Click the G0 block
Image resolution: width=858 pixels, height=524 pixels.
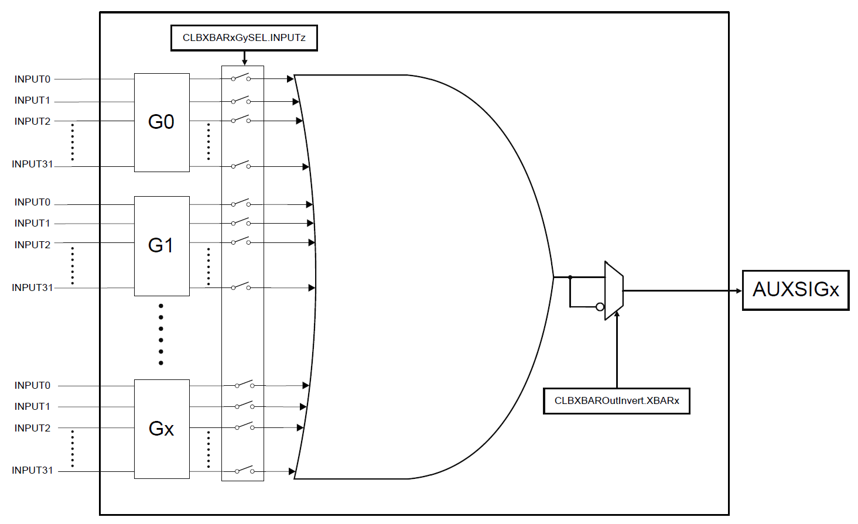click(x=162, y=122)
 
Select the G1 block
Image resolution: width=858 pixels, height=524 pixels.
click(x=162, y=246)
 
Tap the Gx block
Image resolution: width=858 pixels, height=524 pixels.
click(x=162, y=429)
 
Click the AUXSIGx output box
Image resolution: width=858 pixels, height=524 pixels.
click(x=795, y=290)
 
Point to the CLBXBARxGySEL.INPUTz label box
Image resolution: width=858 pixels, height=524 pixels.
click(x=244, y=38)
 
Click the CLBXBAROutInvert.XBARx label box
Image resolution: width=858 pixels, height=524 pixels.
click(x=616, y=401)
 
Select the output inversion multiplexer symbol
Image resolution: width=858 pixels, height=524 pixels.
click(x=614, y=290)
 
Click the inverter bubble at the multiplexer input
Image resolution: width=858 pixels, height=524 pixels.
click(x=600, y=307)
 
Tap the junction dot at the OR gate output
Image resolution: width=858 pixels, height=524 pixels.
click(x=570, y=277)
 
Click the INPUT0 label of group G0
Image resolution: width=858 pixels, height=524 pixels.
click(x=32, y=79)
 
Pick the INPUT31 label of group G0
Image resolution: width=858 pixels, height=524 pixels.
click(x=32, y=165)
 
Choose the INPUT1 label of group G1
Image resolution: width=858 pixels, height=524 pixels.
click(x=32, y=224)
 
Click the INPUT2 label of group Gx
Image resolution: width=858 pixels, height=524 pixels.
click(x=32, y=429)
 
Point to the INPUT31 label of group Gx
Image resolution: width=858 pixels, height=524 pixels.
click(x=32, y=471)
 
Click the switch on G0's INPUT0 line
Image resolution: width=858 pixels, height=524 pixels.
click(x=241, y=78)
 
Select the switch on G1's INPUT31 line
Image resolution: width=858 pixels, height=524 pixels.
click(x=241, y=287)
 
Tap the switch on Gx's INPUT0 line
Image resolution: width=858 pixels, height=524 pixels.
click(x=244, y=385)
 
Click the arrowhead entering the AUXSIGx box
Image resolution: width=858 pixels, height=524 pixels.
click(x=739, y=290)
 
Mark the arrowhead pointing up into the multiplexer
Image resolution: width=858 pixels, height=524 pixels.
click(x=617, y=314)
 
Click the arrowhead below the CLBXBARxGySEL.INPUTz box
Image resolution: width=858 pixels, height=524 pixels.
click(x=244, y=62)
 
